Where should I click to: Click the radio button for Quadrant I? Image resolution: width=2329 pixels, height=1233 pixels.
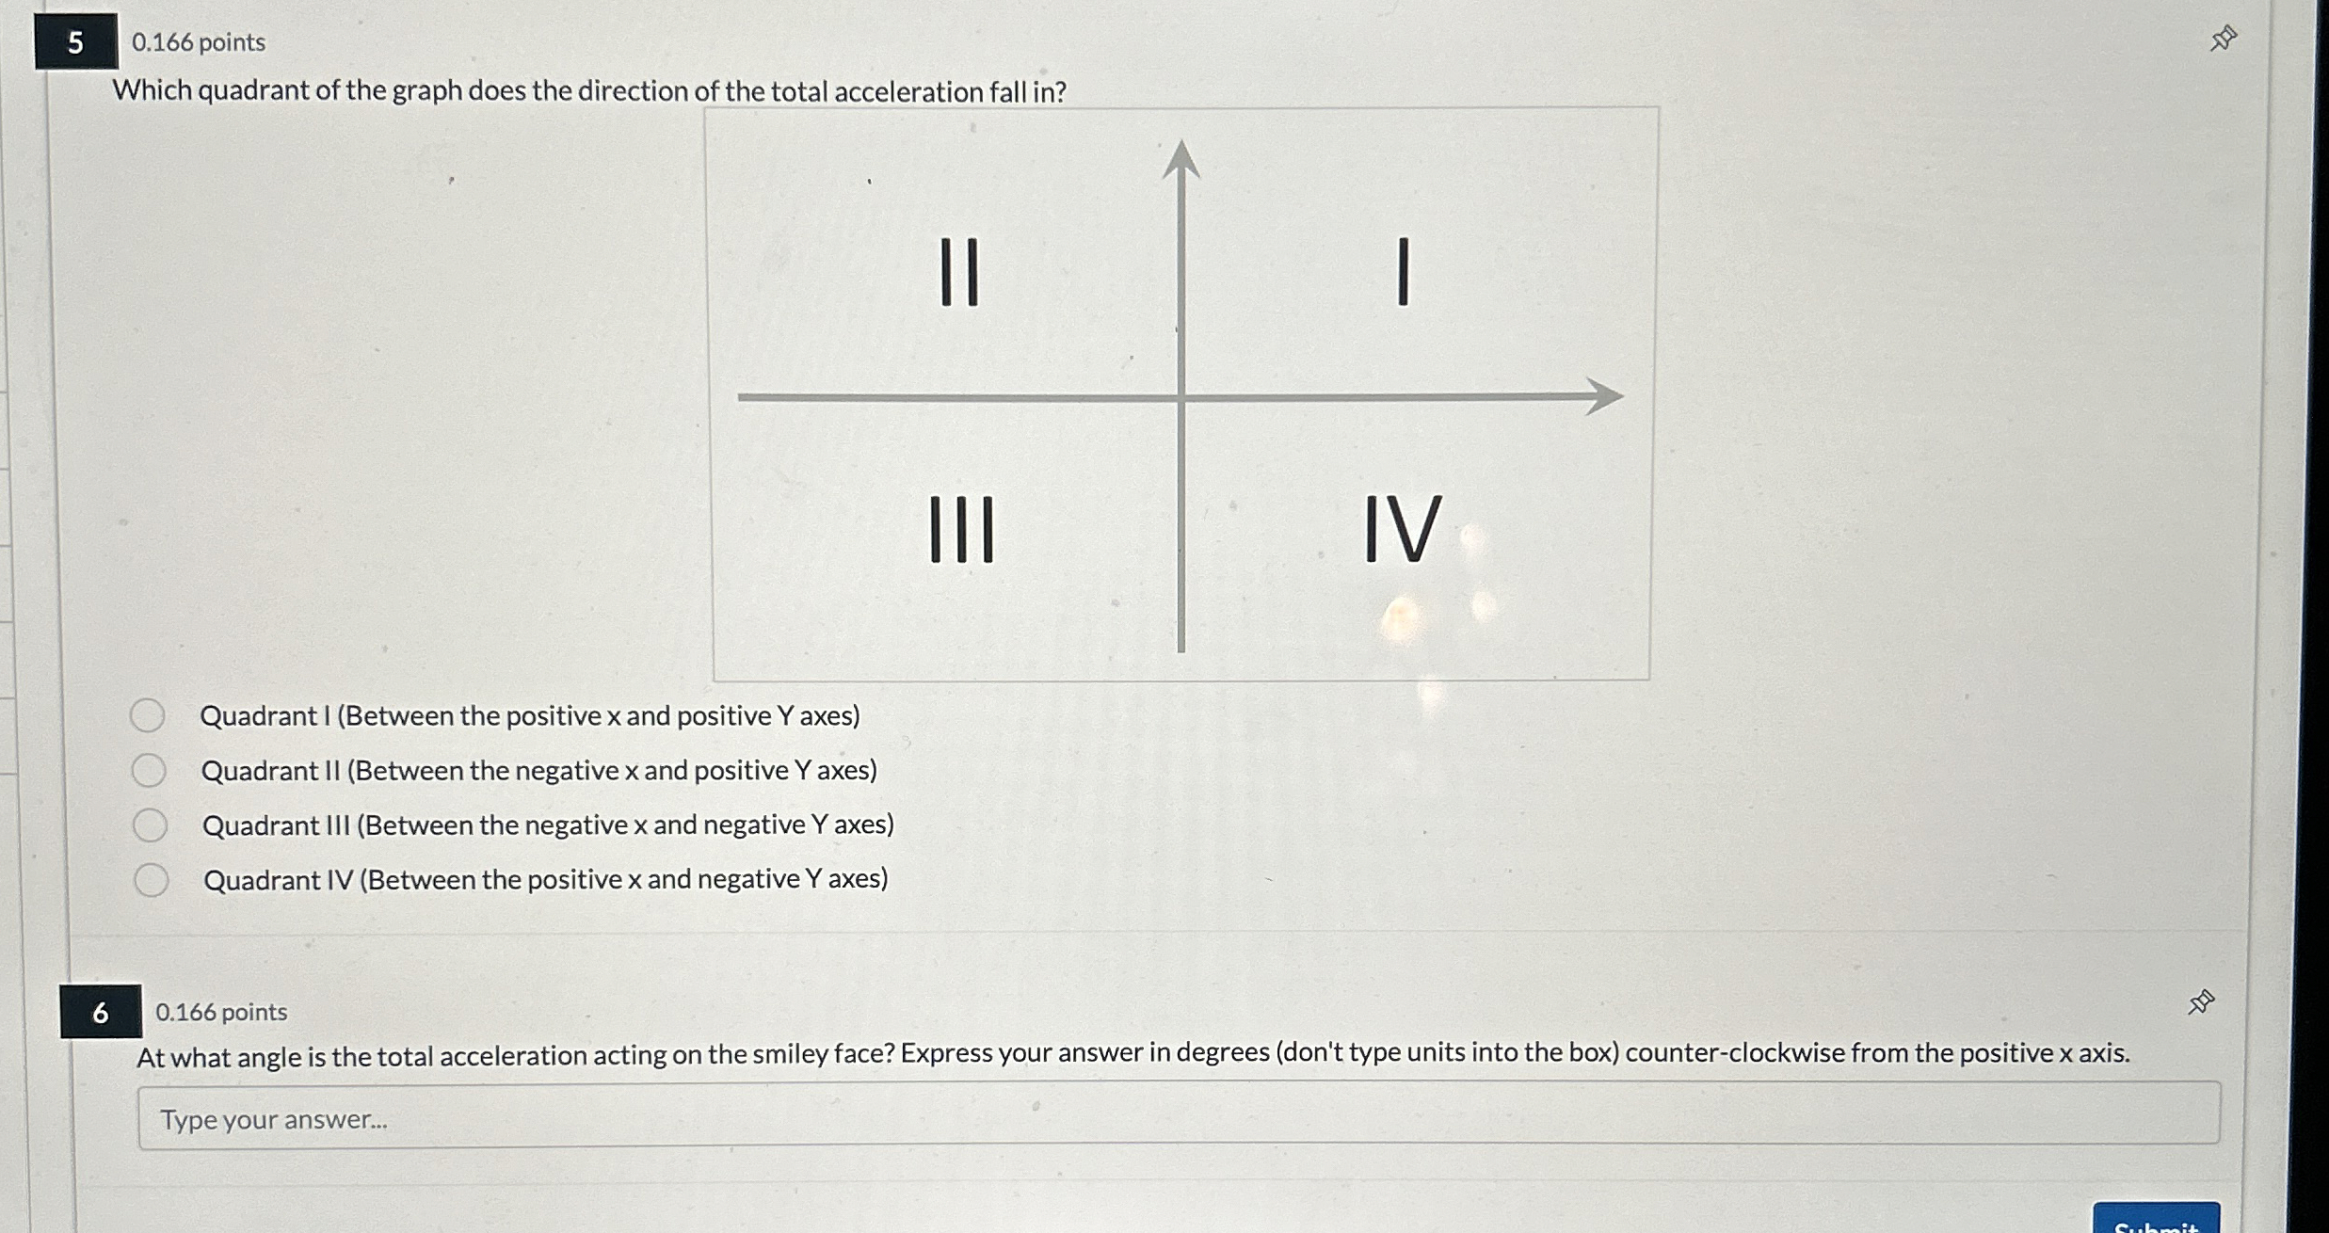coord(148,716)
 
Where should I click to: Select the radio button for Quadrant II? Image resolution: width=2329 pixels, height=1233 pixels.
coord(149,771)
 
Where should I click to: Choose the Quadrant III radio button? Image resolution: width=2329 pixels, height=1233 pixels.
coord(150,825)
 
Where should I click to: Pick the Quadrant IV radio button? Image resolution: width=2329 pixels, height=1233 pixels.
coord(151,880)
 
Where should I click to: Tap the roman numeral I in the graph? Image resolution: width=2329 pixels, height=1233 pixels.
coord(1403,272)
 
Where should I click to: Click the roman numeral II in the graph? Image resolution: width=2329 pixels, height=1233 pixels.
coord(960,272)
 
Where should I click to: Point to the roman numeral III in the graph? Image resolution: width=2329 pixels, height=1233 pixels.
coord(961,530)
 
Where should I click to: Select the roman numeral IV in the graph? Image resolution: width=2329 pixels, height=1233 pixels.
coord(1402,529)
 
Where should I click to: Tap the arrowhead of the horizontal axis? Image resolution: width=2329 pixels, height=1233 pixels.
coord(1604,396)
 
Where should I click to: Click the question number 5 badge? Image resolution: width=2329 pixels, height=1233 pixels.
coord(76,41)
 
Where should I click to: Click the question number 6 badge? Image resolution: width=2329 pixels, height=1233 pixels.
coord(101,1012)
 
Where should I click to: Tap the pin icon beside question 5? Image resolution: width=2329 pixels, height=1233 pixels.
coord(2224,39)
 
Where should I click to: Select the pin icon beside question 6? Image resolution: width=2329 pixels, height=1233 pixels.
coord(2201,1002)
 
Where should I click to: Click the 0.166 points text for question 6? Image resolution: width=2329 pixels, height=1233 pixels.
coord(221,1012)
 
